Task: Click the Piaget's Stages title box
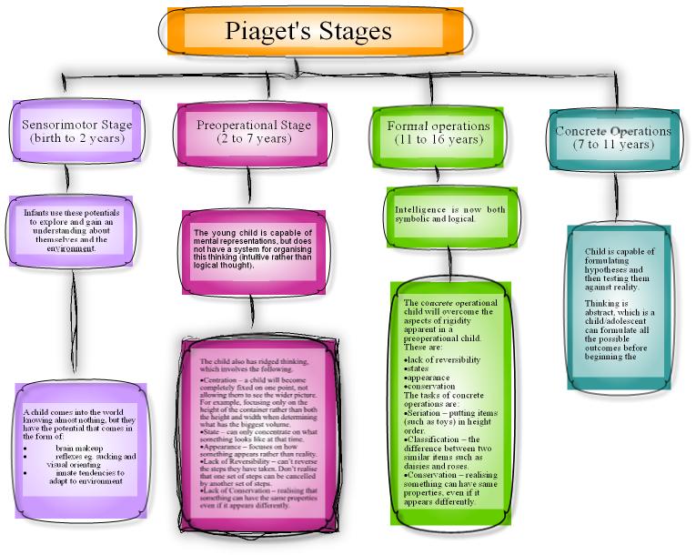tap(309, 32)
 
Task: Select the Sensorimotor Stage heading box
tap(77, 132)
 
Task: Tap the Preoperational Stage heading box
tap(254, 132)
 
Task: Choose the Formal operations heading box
tap(438, 133)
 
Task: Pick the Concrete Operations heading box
tap(613, 137)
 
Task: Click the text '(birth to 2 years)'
tap(77, 139)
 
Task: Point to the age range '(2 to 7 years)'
tap(254, 139)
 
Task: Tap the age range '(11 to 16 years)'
tap(438, 140)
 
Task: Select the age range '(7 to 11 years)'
tap(613, 145)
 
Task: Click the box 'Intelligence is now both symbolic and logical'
tap(449, 215)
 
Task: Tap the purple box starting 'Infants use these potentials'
tap(74, 229)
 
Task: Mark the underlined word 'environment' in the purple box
tap(72, 247)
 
